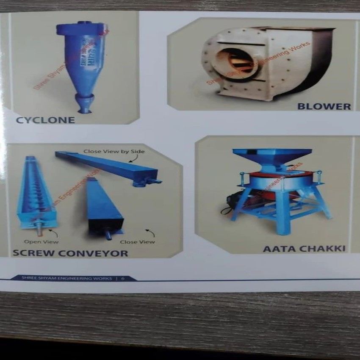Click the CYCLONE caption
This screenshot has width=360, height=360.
pyautogui.click(x=45, y=120)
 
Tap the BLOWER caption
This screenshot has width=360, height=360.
pyautogui.click(x=324, y=106)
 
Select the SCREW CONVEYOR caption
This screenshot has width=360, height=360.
pyautogui.click(x=70, y=253)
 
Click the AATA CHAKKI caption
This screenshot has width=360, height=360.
pyautogui.click(x=304, y=249)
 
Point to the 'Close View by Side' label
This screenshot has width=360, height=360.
pyautogui.click(x=114, y=151)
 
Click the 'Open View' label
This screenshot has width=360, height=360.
pyautogui.click(x=41, y=242)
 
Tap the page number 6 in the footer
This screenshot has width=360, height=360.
pyautogui.click(x=122, y=278)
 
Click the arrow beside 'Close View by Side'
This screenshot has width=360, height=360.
pyautogui.click(x=133, y=159)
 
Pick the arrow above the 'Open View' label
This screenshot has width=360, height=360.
pyautogui.click(x=53, y=232)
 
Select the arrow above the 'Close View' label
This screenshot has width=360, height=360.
pyautogui.click(x=150, y=232)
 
